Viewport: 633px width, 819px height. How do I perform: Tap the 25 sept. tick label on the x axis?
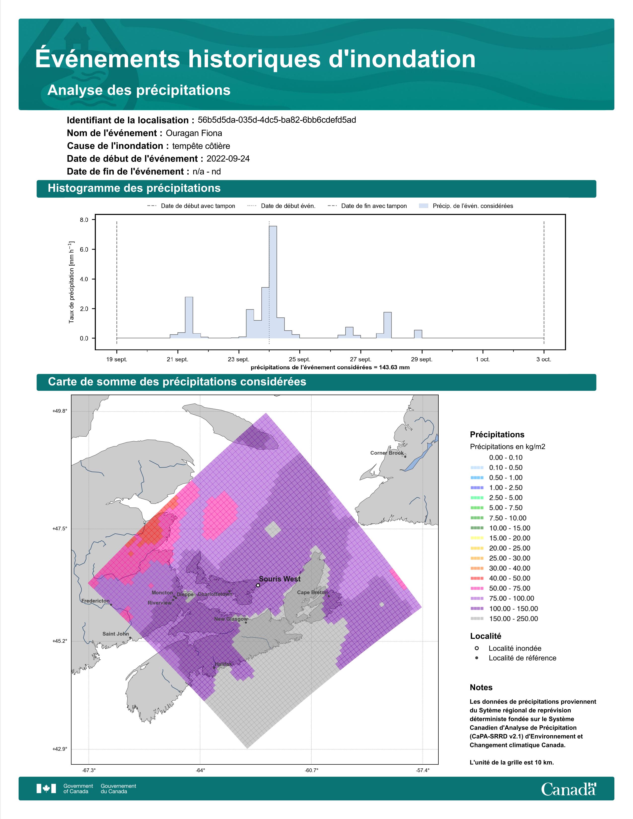click(299, 359)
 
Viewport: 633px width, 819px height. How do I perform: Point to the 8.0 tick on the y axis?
click(84, 220)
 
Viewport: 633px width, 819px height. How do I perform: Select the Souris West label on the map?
click(280, 579)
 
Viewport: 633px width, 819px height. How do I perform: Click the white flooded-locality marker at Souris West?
click(258, 585)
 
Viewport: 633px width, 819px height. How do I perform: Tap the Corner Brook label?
click(387, 453)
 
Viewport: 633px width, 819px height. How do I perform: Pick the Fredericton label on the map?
click(96, 601)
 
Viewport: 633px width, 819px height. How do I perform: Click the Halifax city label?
click(223, 664)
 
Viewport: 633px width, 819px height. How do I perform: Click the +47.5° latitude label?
click(60, 528)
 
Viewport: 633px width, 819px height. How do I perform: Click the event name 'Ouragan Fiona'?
click(194, 133)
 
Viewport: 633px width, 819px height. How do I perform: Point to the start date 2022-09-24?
click(228, 159)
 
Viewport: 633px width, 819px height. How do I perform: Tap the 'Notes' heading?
click(481, 687)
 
